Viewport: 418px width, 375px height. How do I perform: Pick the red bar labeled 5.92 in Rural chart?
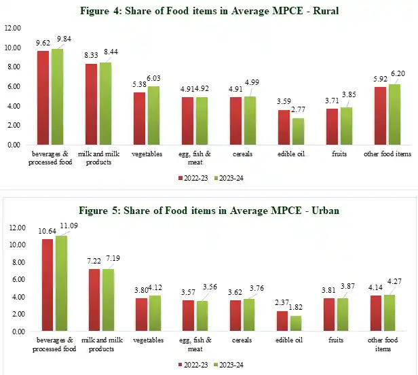coord(380,116)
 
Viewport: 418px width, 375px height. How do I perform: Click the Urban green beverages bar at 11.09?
coord(62,283)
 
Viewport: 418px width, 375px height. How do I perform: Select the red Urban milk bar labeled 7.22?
coord(95,300)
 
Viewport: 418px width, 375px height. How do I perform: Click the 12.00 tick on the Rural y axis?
coord(13,29)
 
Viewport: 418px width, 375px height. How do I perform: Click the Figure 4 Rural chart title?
coord(208,10)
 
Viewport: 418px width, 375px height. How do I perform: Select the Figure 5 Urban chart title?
coord(208,211)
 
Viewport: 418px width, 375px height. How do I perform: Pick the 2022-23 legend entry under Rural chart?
coord(191,178)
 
